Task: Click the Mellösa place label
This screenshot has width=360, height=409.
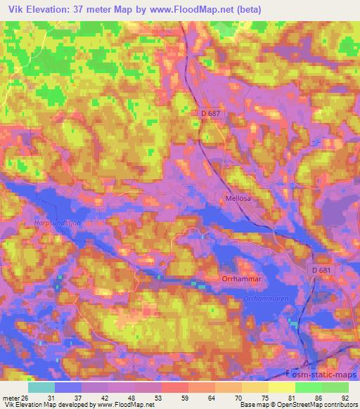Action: (237, 199)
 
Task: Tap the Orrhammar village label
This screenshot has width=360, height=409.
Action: (243, 278)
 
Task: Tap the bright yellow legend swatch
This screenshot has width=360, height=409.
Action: (282, 387)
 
